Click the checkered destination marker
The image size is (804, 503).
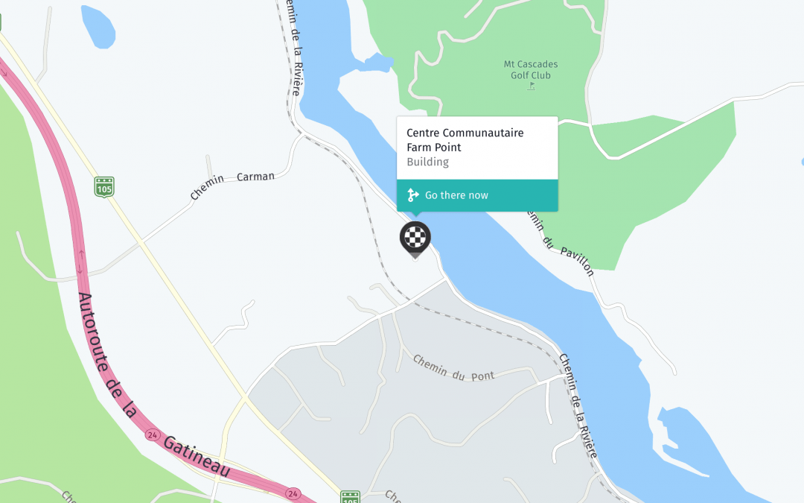(x=415, y=238)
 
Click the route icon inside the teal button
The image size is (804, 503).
(x=413, y=195)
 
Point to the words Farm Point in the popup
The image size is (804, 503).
(x=434, y=148)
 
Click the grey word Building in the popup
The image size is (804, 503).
(x=427, y=162)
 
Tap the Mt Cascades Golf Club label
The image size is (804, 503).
(x=530, y=69)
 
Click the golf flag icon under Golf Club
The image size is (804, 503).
(x=531, y=86)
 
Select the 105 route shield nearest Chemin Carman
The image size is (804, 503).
(x=104, y=186)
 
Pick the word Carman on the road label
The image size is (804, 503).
(x=255, y=177)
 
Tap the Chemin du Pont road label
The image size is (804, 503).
(x=453, y=368)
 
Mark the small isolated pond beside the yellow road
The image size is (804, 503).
(x=98, y=25)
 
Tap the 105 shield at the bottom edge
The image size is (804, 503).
(x=350, y=496)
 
